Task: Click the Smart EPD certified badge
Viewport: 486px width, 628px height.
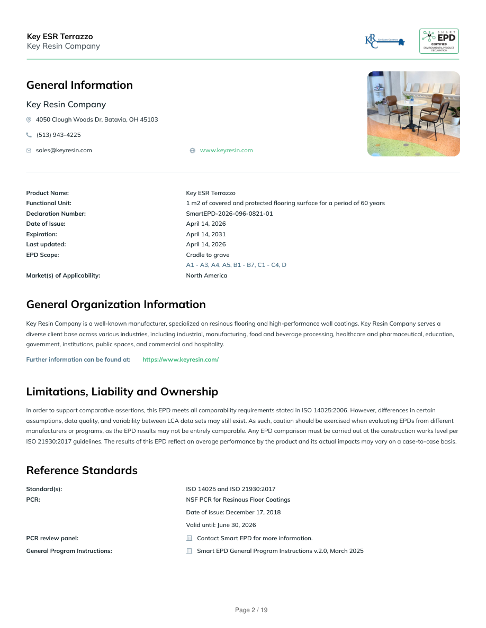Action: click(439, 41)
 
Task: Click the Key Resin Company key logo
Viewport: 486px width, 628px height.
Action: click(384, 41)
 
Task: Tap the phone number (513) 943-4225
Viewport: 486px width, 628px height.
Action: click(58, 135)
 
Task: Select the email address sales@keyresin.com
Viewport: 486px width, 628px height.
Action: click(64, 150)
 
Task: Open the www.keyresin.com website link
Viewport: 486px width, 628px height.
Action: click(226, 150)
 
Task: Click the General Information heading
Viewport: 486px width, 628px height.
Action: click(79, 85)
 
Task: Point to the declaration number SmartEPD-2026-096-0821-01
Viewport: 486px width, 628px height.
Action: click(229, 214)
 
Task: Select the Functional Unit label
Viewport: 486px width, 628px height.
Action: click(49, 203)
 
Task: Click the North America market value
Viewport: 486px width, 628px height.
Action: click(206, 275)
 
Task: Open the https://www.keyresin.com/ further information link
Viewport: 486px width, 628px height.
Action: click(181, 359)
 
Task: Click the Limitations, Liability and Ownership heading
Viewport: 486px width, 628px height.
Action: click(122, 392)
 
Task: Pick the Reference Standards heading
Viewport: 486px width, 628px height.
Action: click(82, 470)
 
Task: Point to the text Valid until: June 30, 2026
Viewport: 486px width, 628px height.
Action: click(221, 525)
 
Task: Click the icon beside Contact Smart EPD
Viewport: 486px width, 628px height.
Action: click(189, 538)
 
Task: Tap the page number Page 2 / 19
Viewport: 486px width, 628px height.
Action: click(251, 610)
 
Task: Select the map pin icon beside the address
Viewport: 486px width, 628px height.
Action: click(29, 119)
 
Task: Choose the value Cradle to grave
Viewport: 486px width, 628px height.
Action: click(208, 255)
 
